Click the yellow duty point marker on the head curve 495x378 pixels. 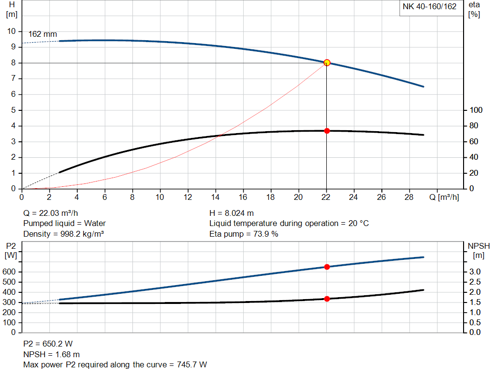pyautogui.click(x=327, y=62)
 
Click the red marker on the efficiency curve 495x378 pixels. pyautogui.click(x=327, y=131)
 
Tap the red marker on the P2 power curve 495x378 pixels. pyautogui.click(x=327, y=267)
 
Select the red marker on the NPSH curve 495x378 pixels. pyautogui.click(x=327, y=299)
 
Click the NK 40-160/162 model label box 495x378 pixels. pyautogui.click(x=429, y=7)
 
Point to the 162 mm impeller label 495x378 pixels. pyautogui.click(x=43, y=34)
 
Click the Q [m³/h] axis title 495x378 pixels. pyautogui.click(x=443, y=197)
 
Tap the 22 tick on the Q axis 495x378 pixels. pyautogui.click(x=327, y=197)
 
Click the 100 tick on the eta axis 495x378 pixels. pyautogui.click(x=476, y=110)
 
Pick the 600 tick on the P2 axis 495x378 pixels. pyautogui.click(x=10, y=272)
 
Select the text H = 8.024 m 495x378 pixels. pyautogui.click(x=232, y=213)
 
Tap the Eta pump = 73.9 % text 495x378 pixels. pyautogui.click(x=244, y=234)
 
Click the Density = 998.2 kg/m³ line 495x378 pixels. pyautogui.click(x=64, y=234)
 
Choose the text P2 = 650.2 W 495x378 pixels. pyautogui.click(x=48, y=344)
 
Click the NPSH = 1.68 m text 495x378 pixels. pyautogui.click(x=52, y=354)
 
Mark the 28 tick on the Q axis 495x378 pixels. pyautogui.click(x=409, y=197)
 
